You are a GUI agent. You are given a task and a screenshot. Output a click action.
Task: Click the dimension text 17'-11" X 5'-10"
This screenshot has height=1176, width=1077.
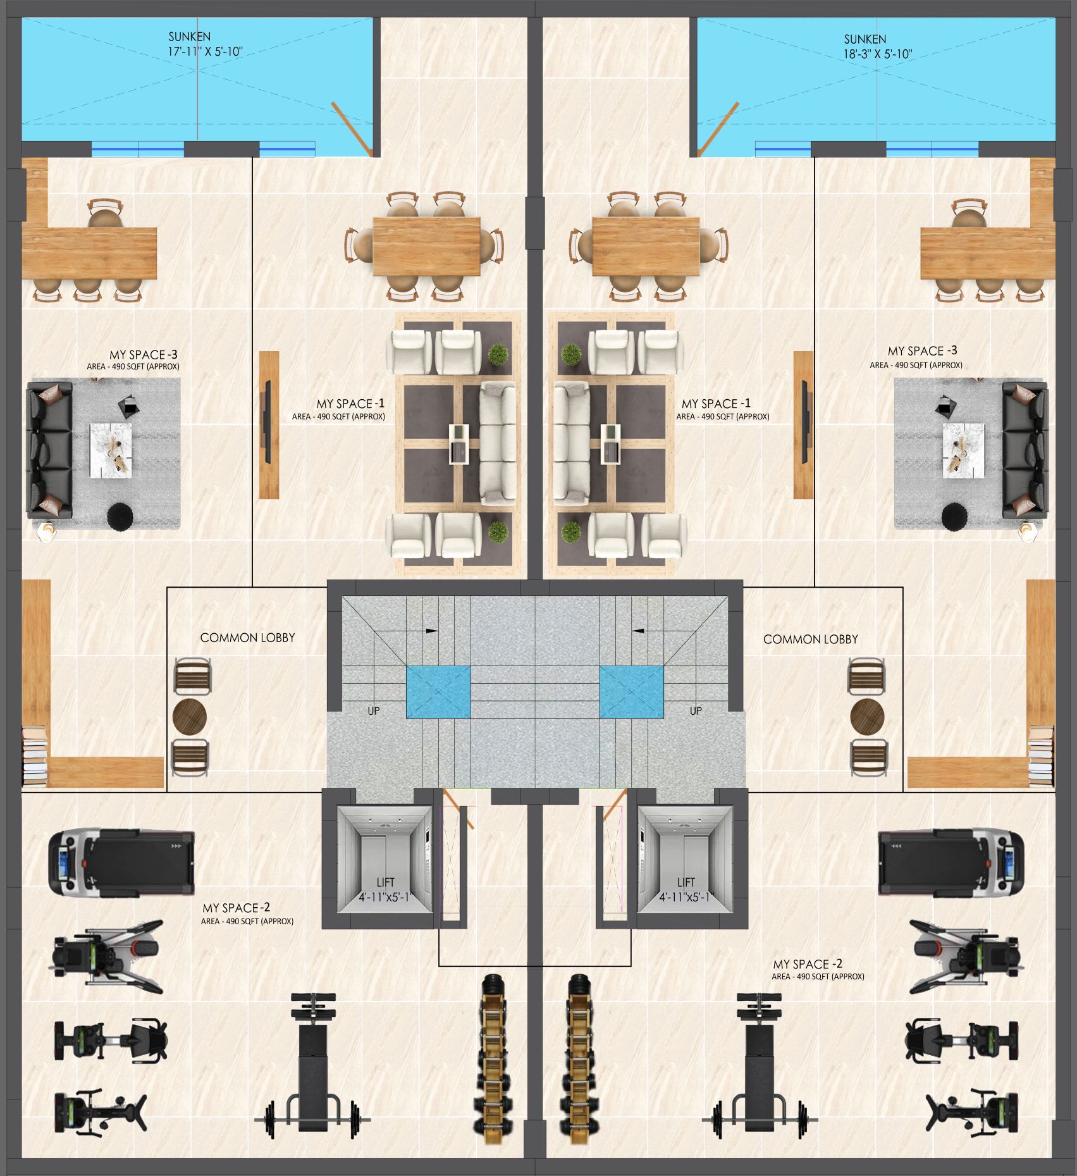[205, 52]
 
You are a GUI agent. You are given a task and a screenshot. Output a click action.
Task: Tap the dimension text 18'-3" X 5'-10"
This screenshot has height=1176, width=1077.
[877, 54]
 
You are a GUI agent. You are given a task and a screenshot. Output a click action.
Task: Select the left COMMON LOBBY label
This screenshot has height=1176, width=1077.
[247, 638]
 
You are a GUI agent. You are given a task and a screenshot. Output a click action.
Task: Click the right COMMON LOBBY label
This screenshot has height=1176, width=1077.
[810, 640]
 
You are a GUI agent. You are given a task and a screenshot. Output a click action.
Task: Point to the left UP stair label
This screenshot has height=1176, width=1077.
[374, 711]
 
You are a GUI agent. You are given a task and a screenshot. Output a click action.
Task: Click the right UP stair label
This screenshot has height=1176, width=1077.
[696, 711]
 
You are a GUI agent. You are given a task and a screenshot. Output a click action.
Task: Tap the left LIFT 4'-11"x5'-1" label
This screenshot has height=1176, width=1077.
[385, 889]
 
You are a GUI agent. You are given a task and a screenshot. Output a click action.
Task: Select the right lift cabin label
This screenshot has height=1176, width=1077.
[686, 889]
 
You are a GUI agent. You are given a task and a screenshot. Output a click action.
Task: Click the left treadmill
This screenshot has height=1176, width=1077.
[121, 863]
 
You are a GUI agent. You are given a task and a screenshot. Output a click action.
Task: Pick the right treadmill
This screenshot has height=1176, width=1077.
[951, 863]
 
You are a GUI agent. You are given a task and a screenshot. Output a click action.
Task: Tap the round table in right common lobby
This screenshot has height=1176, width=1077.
[867, 716]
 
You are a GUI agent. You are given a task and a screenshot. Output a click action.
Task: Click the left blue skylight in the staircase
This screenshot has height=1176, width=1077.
[438, 692]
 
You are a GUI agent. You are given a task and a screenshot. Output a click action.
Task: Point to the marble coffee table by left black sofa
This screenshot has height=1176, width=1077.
[111, 450]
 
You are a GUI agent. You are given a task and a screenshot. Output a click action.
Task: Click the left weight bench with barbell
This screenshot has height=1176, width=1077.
[312, 1066]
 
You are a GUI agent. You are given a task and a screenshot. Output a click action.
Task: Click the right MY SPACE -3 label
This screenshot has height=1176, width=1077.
[923, 351]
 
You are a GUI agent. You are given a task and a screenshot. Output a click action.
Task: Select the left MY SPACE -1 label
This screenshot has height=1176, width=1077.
[350, 404]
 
